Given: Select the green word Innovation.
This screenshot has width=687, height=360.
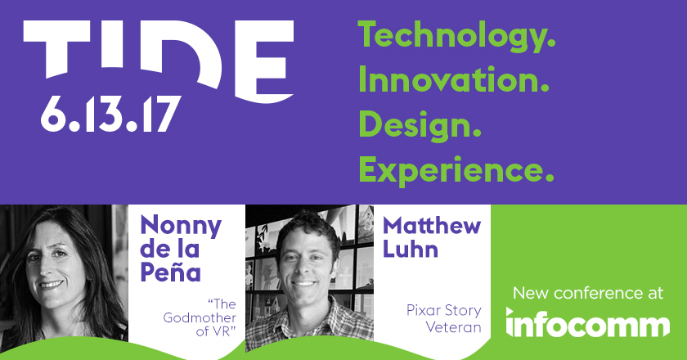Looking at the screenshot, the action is click(454, 79).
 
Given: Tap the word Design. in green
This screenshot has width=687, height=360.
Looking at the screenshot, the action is click(420, 126).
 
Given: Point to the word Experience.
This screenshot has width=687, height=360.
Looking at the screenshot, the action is click(456, 169).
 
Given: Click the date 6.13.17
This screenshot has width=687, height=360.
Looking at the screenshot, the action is click(111, 114).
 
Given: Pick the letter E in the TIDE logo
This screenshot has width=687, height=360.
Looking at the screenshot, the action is click(264, 61).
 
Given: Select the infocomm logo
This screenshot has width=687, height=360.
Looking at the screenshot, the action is click(587, 322).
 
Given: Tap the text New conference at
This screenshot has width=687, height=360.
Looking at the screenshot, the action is click(588, 293).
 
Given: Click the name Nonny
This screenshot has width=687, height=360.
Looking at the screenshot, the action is click(181, 227).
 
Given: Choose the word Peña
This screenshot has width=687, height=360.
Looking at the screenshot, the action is click(170, 272).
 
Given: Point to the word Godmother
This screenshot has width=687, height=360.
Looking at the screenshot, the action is click(200, 317).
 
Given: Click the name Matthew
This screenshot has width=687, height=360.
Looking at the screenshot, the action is click(432, 226).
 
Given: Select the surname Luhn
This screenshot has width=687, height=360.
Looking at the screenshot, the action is click(411, 249).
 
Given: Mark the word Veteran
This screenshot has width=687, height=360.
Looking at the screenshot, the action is click(453, 327).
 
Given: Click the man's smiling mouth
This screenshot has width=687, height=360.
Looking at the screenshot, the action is click(304, 283).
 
